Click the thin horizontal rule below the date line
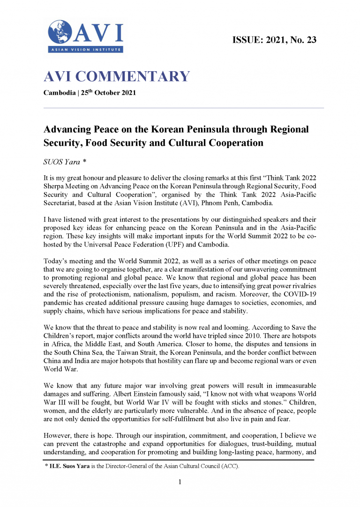183,108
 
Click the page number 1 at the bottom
180,482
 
